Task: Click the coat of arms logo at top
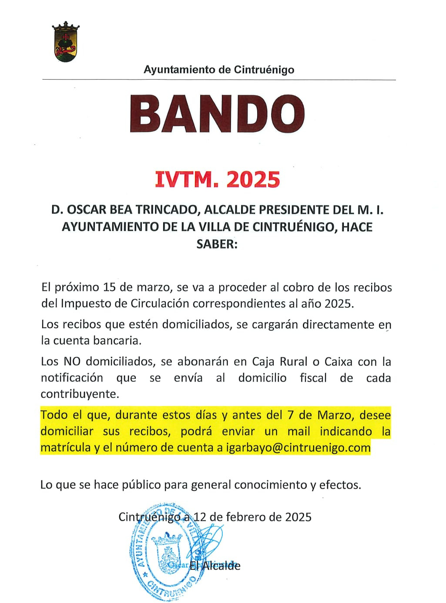click(66, 42)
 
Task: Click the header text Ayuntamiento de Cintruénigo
click(219, 70)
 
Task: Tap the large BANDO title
click(217, 114)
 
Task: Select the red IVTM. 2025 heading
click(218, 179)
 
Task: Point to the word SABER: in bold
click(217, 244)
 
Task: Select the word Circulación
click(160, 303)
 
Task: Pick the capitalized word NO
click(72, 362)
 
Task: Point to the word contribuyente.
click(79, 394)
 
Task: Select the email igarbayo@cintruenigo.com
click(298, 448)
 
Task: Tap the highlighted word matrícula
click(66, 448)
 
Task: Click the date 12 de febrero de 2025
click(252, 517)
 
